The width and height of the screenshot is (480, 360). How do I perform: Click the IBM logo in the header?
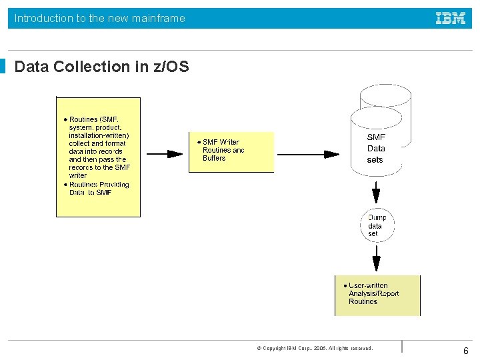click(451, 19)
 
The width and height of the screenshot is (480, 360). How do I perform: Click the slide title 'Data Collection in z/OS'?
click(101, 67)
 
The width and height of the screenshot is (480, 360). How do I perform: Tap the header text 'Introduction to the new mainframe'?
click(100, 19)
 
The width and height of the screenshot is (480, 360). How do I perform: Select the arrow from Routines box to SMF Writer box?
click(164, 154)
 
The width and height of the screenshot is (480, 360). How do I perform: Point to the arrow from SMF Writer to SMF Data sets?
click(311, 154)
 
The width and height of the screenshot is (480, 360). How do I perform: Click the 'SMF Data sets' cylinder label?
click(376, 149)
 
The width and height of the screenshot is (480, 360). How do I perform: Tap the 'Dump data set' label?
click(376, 225)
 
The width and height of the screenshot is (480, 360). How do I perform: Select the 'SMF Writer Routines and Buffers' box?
click(231, 152)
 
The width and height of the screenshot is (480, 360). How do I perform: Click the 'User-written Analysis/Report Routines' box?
click(377, 295)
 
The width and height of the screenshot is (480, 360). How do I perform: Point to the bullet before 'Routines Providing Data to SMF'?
click(65, 185)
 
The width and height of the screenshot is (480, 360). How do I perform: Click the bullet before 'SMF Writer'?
click(199, 142)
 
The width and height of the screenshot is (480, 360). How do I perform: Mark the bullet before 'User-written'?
click(345, 285)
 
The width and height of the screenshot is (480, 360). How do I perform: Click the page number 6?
click(466, 351)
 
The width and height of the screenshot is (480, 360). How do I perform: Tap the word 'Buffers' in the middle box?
click(214, 159)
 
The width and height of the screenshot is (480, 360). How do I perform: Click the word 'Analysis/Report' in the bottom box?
click(373, 293)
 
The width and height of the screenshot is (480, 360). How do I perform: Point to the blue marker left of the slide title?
click(3, 67)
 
